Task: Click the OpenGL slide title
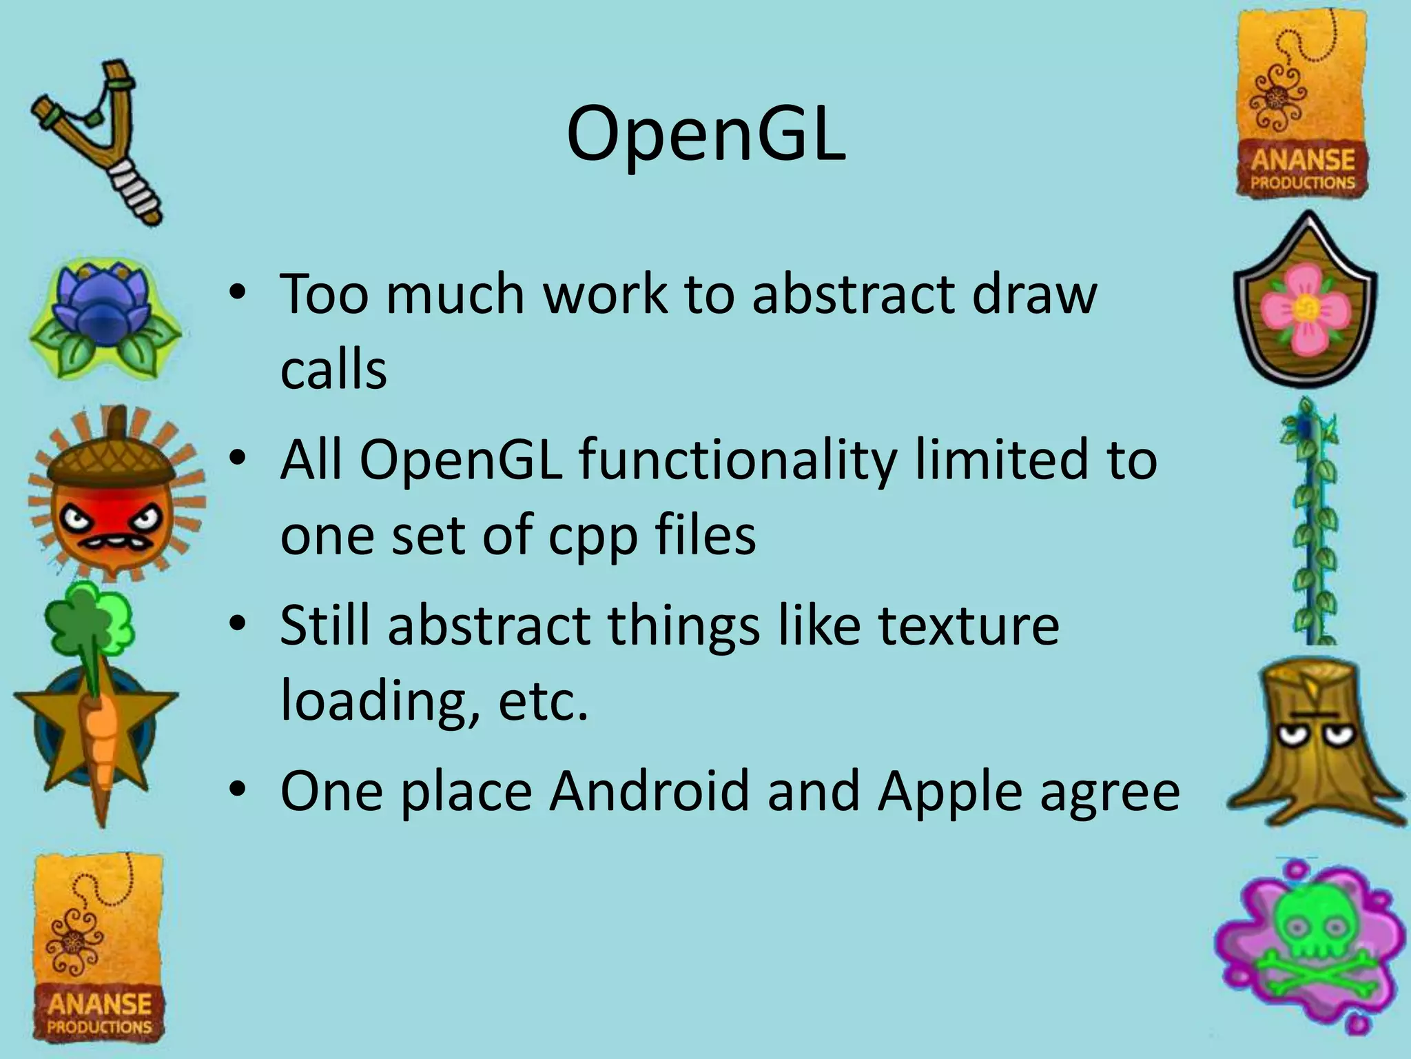pyautogui.click(x=705, y=134)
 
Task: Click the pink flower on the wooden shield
pyautogui.click(x=1304, y=310)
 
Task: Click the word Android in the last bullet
pyautogui.click(x=649, y=791)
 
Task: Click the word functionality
pyautogui.click(x=737, y=461)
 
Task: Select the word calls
pyautogui.click(x=333, y=371)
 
